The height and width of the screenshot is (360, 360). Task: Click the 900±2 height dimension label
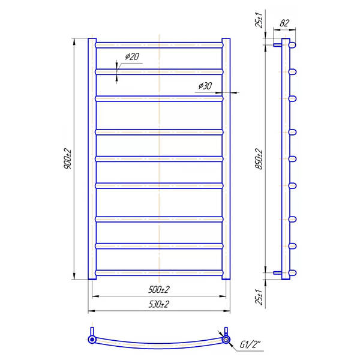click(x=67, y=158)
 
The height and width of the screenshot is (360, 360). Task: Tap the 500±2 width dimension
click(x=159, y=290)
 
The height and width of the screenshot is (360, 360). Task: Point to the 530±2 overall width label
click(x=159, y=304)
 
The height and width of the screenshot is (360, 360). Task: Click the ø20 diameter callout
click(x=132, y=56)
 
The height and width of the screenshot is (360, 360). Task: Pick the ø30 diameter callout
click(x=205, y=86)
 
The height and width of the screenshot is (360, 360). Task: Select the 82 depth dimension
click(x=284, y=23)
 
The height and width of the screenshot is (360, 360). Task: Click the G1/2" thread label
click(x=250, y=344)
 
